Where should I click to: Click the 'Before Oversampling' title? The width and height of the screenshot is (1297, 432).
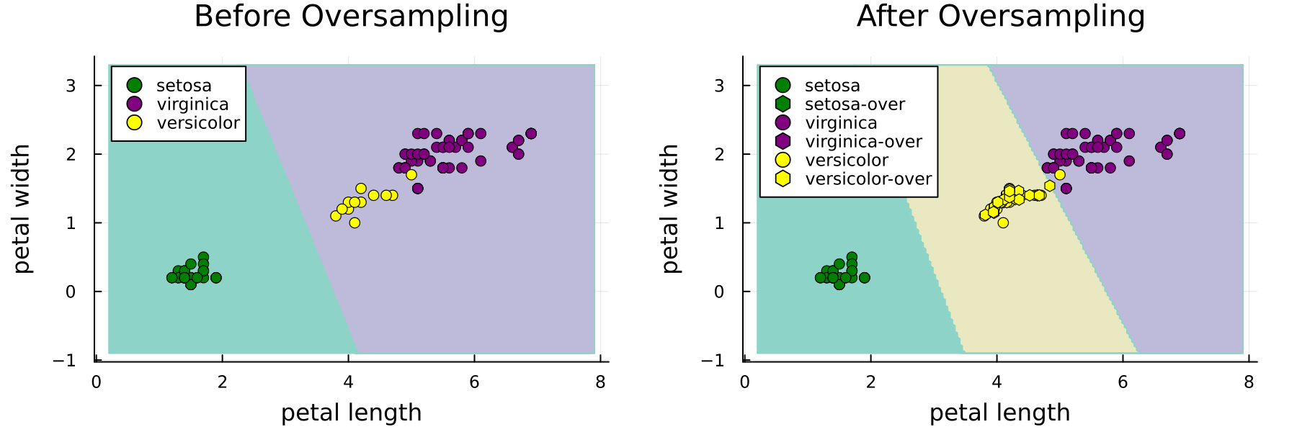tap(351, 17)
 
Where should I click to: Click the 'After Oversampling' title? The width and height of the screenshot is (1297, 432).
tap(1000, 17)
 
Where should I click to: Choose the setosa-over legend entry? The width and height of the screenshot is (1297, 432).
tap(855, 104)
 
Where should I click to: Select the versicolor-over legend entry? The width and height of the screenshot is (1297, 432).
tap(868, 179)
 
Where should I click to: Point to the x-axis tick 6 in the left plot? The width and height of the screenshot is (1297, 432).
tap(474, 382)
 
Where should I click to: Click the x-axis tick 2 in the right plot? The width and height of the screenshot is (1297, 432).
tap(870, 382)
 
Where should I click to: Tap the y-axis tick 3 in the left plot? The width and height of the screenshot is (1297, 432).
tap(71, 86)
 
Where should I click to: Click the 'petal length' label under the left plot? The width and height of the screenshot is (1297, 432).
tap(351, 413)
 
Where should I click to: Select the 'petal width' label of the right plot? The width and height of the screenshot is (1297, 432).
tap(671, 209)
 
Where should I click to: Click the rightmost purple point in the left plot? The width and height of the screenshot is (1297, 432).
tap(531, 133)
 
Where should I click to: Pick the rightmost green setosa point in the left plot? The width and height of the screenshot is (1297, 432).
tap(215, 278)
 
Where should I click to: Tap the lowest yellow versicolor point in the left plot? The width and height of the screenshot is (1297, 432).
tap(355, 222)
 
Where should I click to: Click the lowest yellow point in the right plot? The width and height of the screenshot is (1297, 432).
tap(1003, 222)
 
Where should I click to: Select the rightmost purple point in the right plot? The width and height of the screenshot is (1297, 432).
tap(1180, 133)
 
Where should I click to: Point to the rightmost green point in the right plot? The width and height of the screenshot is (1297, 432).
tap(865, 278)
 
